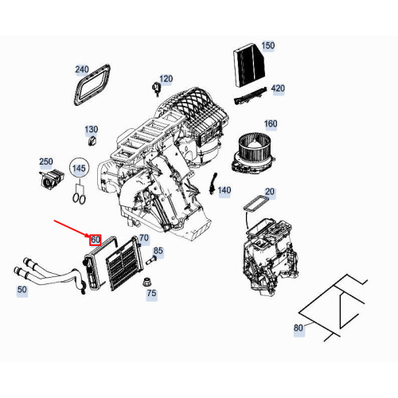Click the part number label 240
82,69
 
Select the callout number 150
267,46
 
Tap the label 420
278,88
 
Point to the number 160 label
270,123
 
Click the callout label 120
166,79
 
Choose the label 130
92,130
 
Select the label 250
46,162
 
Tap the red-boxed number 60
96,239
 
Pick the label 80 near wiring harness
298,327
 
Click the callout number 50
22,291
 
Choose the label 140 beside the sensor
224,190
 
